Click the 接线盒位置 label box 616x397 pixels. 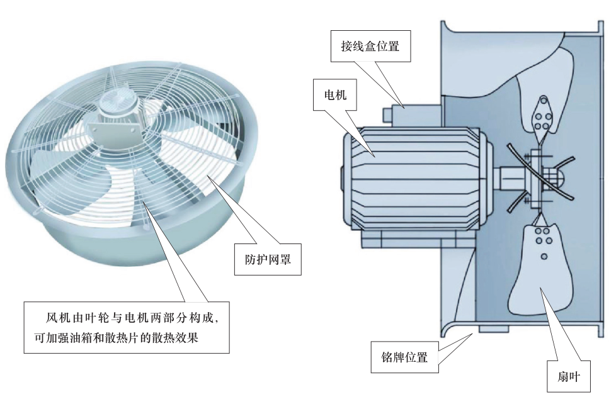[370, 47]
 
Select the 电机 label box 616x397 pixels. [335, 94]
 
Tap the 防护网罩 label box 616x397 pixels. [268, 259]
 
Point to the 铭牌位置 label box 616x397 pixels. [404, 357]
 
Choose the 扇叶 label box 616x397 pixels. [569, 377]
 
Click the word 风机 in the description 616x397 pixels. [59, 318]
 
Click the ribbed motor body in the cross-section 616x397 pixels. [416, 179]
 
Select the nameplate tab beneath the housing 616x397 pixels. [493, 329]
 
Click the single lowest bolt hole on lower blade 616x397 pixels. [544, 257]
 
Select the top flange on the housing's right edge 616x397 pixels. [600, 28]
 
